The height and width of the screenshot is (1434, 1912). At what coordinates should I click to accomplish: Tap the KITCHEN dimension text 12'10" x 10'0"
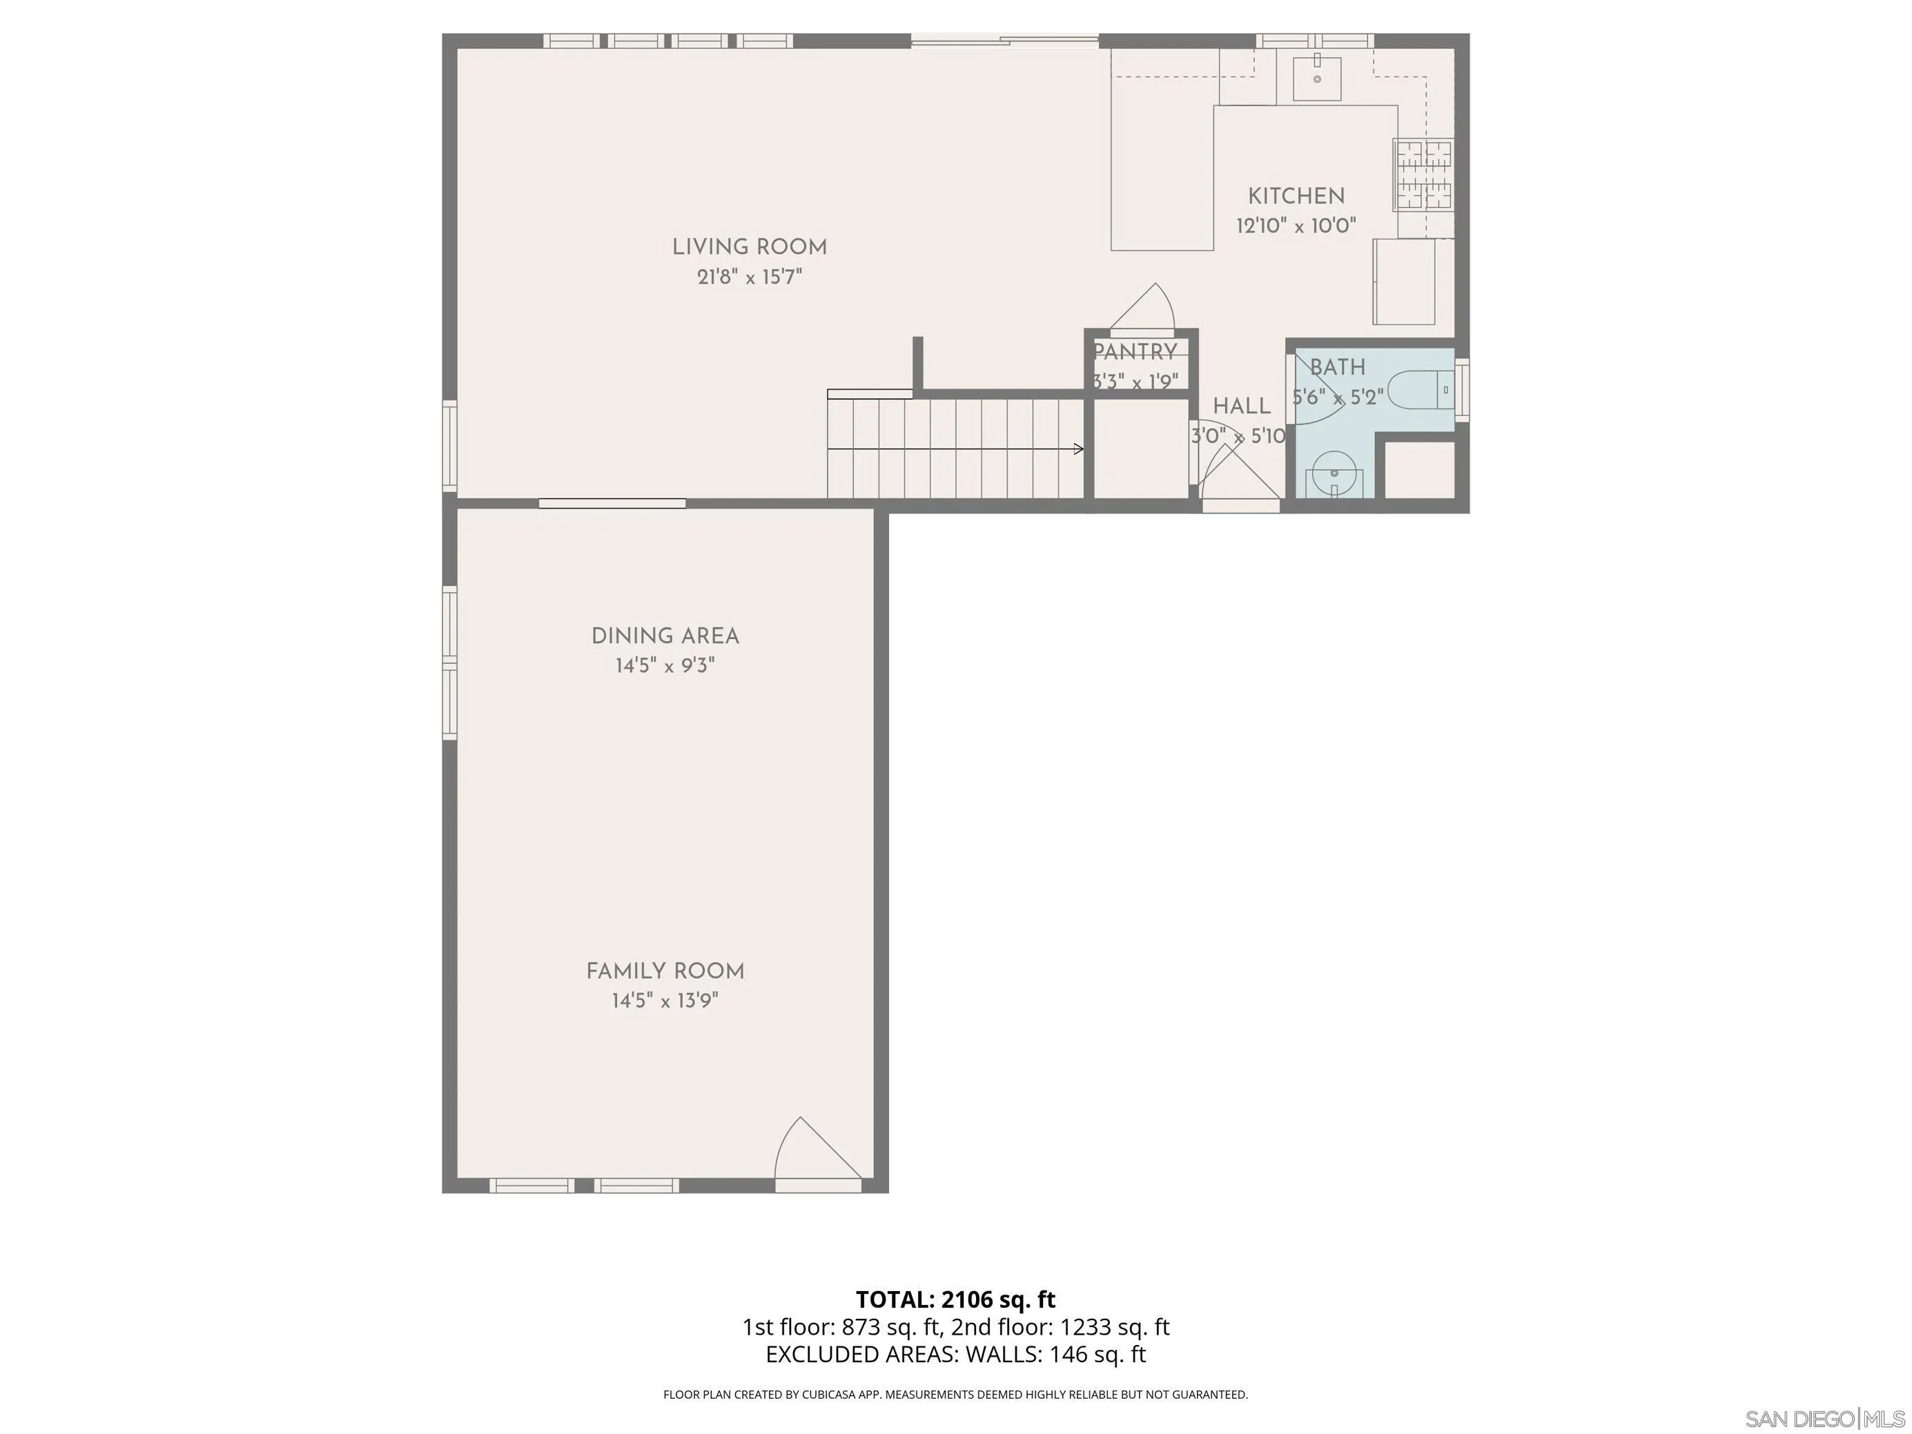click(1295, 226)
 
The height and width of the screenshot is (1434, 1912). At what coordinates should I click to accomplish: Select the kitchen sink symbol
click(1316, 79)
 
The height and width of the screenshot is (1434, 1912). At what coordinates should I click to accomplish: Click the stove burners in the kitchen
click(1423, 175)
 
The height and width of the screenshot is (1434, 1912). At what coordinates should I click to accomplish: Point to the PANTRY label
click(1135, 352)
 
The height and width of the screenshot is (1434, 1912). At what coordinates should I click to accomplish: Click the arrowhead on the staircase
click(1079, 449)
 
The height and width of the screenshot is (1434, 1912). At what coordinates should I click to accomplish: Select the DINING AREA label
click(665, 636)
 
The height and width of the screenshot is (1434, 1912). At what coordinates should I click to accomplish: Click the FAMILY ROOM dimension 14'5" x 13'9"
click(665, 1001)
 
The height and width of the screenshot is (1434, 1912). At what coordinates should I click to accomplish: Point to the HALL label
click(1241, 406)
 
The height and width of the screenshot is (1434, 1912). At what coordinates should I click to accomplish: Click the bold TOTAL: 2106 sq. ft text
click(955, 1299)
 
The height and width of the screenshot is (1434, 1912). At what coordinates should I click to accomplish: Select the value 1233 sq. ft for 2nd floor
click(1114, 1327)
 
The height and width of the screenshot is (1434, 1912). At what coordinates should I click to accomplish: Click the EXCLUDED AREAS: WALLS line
click(955, 1355)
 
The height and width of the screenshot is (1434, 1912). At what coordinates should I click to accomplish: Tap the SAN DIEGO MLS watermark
click(1824, 1418)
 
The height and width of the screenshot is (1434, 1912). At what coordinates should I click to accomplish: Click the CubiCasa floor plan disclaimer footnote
click(955, 1394)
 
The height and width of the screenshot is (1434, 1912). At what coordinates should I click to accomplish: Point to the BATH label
click(1337, 367)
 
